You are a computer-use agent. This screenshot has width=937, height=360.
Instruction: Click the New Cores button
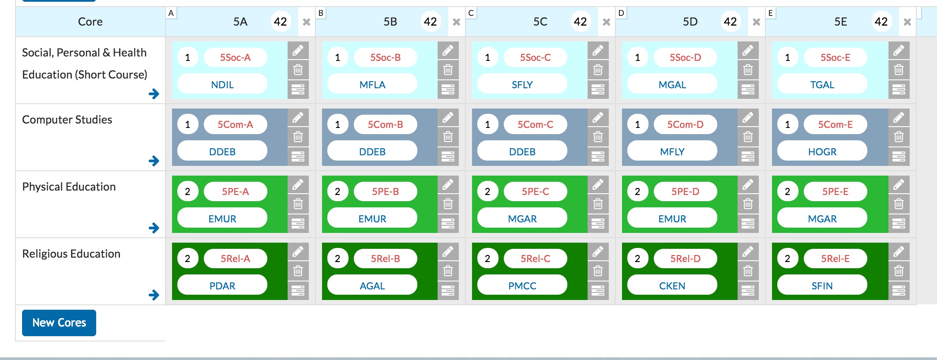click(59, 323)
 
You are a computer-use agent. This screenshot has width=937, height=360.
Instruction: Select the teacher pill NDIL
click(222, 85)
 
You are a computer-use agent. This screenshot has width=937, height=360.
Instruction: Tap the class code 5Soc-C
click(535, 57)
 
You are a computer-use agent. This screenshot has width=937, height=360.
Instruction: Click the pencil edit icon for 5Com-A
click(298, 117)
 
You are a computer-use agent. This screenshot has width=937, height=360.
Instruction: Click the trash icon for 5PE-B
click(448, 204)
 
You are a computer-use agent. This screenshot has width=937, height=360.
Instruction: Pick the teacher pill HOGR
click(822, 152)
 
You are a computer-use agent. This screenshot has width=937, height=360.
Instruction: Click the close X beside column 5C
click(607, 22)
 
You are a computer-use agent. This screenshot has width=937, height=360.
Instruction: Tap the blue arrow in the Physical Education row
click(154, 228)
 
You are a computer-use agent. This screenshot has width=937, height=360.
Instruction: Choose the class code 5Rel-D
click(685, 259)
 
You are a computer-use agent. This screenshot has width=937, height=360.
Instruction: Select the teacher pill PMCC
click(522, 286)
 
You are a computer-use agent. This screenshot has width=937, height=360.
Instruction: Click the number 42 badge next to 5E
click(881, 22)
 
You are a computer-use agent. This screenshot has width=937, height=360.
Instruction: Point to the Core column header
click(90, 22)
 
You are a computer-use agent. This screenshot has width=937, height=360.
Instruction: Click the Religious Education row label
click(71, 254)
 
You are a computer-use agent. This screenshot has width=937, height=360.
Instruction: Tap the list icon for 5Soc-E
click(899, 90)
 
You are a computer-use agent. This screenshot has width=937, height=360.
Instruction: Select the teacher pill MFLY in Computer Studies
click(672, 152)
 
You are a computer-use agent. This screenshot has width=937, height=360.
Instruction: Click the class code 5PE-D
click(685, 191)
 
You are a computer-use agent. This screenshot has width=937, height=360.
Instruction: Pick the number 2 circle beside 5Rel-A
click(187, 259)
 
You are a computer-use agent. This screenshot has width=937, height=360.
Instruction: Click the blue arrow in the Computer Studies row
click(154, 161)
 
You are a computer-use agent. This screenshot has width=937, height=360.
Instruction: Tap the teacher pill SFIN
click(822, 286)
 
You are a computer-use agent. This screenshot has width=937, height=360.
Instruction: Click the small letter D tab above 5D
click(621, 13)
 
